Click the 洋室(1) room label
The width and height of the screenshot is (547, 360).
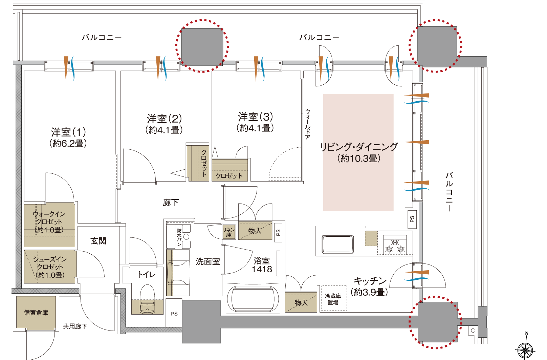(x=68, y=137)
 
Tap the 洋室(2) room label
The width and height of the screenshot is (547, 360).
(x=164, y=124)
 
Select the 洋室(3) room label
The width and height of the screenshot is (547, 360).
(x=255, y=122)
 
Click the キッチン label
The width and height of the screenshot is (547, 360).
(x=370, y=286)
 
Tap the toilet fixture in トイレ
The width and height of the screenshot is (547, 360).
(x=148, y=299)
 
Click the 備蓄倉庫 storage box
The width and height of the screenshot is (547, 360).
(x=36, y=313)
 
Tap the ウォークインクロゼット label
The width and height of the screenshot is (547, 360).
(x=49, y=222)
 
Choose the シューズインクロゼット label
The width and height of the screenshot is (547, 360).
(x=50, y=267)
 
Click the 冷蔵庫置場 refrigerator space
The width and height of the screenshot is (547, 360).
(x=333, y=299)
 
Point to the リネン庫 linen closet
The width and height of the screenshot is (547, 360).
(x=229, y=232)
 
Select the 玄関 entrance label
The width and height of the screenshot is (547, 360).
(x=98, y=241)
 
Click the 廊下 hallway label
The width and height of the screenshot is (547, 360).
(x=171, y=203)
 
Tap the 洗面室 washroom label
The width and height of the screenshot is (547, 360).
(x=207, y=261)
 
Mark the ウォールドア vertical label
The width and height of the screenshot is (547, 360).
(x=307, y=124)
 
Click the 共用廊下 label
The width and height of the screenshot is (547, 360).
(x=75, y=326)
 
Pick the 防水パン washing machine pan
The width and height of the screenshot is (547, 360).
(x=179, y=236)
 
